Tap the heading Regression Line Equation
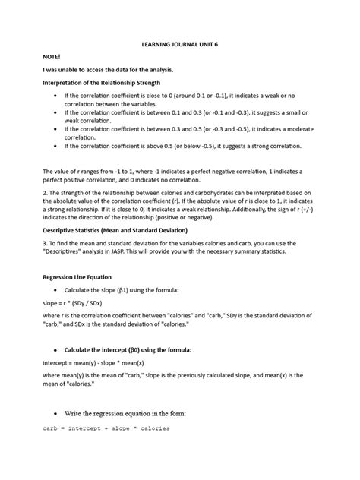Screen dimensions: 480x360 click(79, 278)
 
